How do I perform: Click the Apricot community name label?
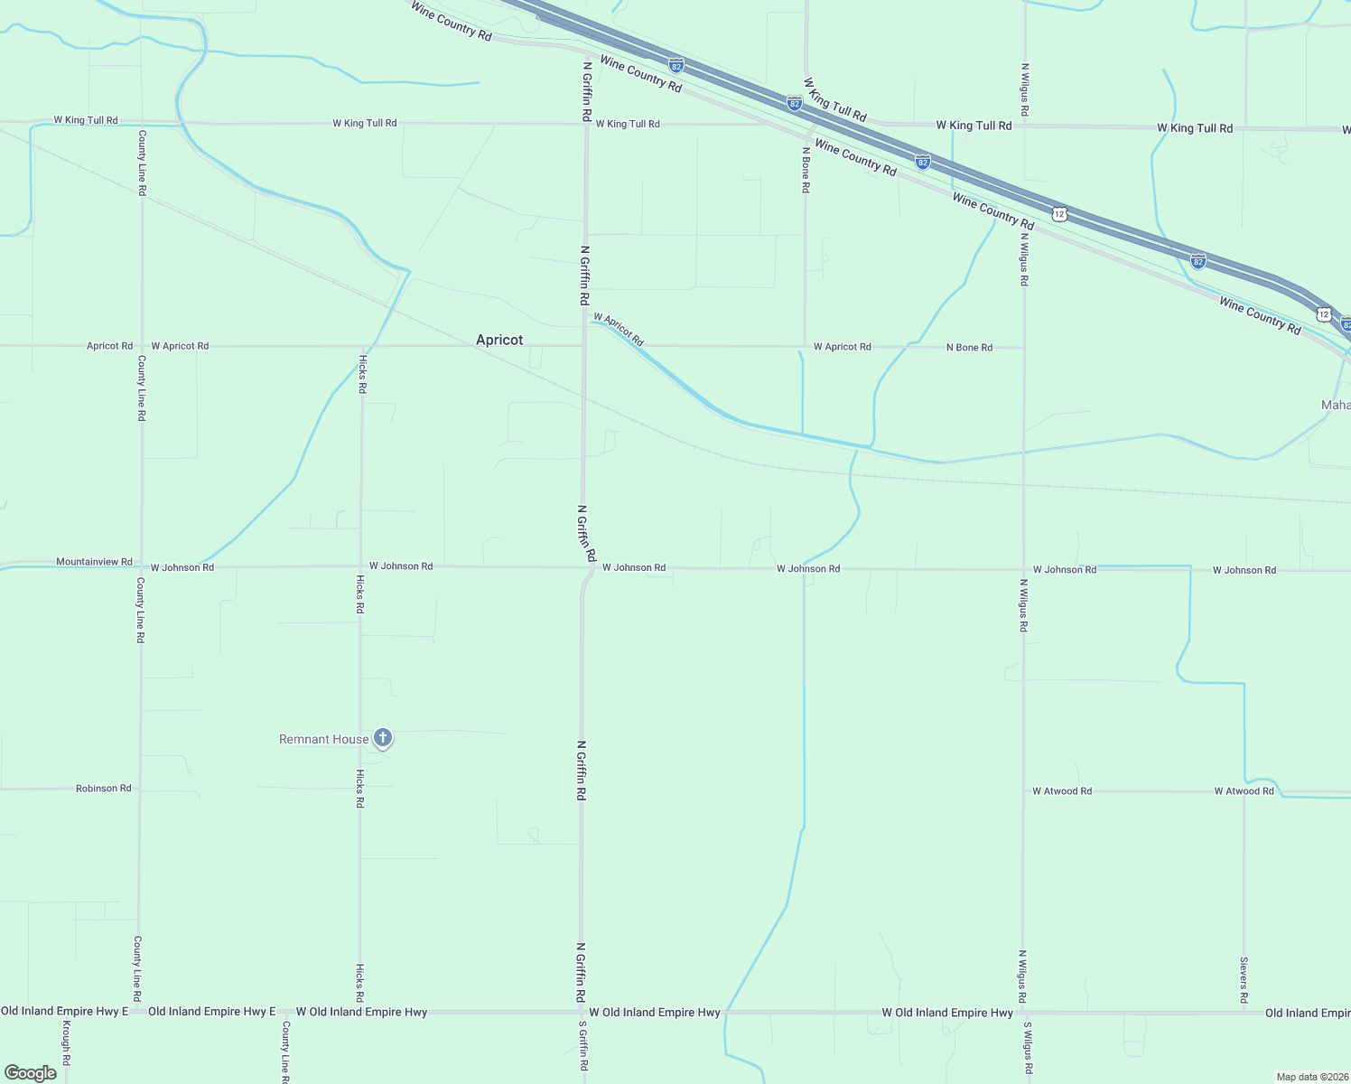click(499, 340)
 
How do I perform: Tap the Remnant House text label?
click(323, 739)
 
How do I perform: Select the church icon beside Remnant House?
click(383, 738)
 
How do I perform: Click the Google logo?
click(31, 1072)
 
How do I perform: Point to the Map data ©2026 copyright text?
click(1312, 1077)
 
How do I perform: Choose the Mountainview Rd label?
click(94, 562)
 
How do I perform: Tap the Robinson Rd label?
click(104, 789)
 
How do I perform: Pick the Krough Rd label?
click(67, 1048)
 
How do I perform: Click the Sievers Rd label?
click(1244, 980)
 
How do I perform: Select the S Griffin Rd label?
click(583, 1049)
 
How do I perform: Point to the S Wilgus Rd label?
click(1028, 1049)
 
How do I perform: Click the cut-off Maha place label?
click(1336, 405)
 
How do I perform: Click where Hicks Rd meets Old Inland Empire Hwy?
click(360, 1013)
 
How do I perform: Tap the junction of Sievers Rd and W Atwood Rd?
click(1244, 791)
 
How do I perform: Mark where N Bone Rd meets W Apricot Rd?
click(805, 346)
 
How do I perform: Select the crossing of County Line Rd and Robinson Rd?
click(140, 789)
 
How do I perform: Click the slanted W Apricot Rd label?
click(619, 330)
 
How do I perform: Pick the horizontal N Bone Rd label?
click(969, 348)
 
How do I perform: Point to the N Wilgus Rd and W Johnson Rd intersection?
click(1023, 570)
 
